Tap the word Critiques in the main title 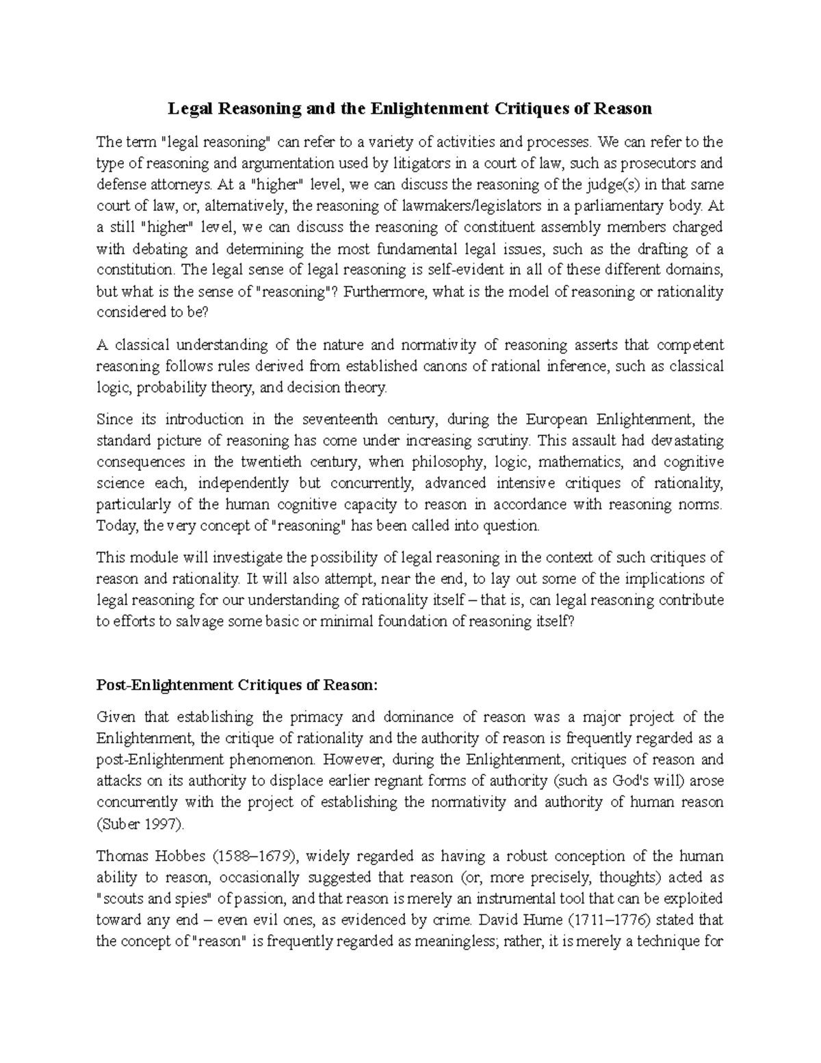coord(537,109)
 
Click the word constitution coord(134,270)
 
